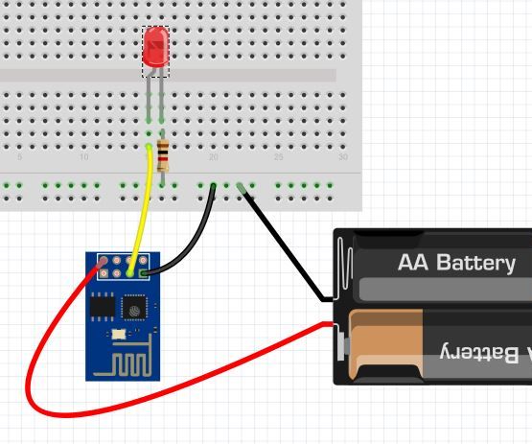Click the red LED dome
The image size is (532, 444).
click(154, 47)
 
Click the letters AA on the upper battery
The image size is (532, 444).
click(413, 263)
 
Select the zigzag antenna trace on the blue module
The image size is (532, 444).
click(130, 363)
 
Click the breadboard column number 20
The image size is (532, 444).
click(213, 157)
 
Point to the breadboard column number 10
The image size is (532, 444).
click(84, 157)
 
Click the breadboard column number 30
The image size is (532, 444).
click(342, 157)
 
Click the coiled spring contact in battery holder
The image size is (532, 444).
click(344, 265)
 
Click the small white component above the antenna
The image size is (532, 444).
click(116, 333)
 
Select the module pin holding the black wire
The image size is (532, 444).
click(144, 273)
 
